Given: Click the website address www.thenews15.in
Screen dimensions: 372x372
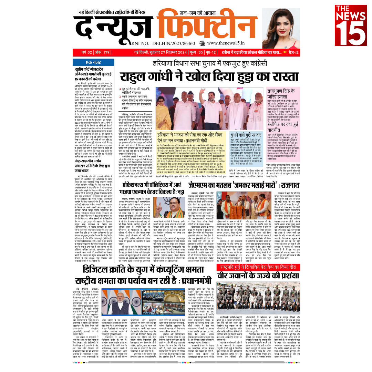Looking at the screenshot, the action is coord(226,43).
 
